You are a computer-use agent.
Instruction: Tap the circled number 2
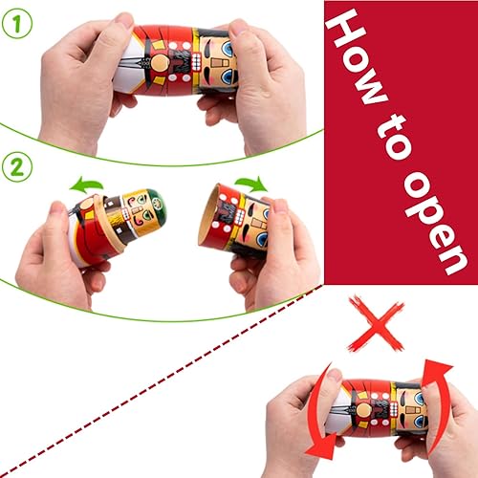[16, 165]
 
